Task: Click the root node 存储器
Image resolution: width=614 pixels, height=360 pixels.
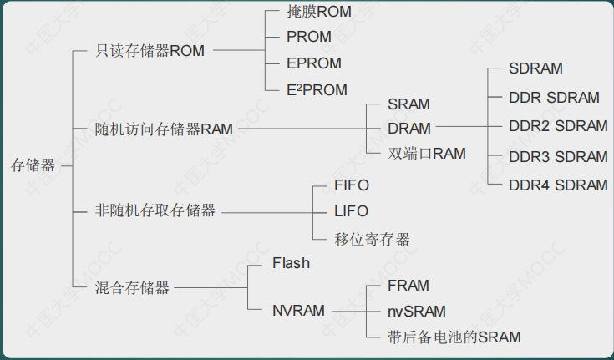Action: point(33,165)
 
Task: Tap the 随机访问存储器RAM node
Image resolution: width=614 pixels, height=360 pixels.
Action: point(164,129)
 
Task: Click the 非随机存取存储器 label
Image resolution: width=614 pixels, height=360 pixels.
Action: point(155,211)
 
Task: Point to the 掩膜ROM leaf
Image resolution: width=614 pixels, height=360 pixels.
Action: point(319,12)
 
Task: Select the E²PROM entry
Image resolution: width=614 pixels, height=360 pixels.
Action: point(317,89)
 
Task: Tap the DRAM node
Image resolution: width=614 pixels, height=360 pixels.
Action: point(409,129)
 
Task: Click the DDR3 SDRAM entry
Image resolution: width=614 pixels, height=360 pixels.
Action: point(558,157)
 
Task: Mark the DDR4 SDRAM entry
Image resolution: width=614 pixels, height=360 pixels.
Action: point(558,185)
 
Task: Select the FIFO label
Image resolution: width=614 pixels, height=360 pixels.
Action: point(351,185)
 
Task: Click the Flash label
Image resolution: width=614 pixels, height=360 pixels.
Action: point(291,263)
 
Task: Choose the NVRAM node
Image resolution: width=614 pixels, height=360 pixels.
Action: point(298,311)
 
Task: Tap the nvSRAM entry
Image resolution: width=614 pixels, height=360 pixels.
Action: point(417,311)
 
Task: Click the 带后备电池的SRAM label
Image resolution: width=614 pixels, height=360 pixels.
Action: point(454,337)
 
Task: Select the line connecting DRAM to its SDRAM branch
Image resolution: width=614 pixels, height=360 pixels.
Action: point(461,129)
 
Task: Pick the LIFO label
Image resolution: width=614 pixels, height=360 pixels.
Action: point(351,211)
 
